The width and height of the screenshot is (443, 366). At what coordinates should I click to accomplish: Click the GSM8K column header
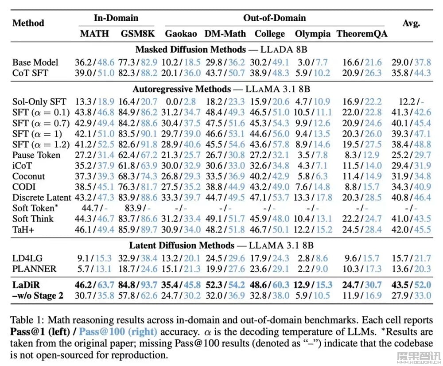click(138, 34)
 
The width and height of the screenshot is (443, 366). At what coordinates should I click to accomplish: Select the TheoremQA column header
click(362, 34)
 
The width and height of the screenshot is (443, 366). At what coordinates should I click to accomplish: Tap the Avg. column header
click(411, 23)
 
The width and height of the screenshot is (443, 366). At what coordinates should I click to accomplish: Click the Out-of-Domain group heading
click(274, 18)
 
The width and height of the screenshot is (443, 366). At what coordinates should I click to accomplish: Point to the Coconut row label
click(28, 176)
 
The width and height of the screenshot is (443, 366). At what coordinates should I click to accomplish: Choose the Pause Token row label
click(36, 155)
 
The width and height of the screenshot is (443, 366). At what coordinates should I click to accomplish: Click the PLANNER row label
click(34, 269)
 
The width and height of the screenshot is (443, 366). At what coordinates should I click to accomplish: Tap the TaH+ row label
click(23, 230)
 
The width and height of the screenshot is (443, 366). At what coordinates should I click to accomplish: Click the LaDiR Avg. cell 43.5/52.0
click(411, 285)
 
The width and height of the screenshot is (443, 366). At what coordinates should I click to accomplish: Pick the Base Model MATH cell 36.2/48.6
click(94, 62)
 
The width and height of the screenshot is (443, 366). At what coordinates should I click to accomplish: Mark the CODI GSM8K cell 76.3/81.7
click(138, 187)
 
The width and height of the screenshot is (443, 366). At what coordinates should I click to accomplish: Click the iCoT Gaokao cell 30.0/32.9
click(181, 166)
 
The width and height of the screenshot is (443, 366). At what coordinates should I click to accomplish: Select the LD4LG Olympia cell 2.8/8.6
click(312, 258)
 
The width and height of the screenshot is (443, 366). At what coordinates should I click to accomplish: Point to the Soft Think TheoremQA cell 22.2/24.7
click(362, 219)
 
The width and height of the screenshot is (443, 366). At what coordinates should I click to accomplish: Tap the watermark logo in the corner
click(419, 357)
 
